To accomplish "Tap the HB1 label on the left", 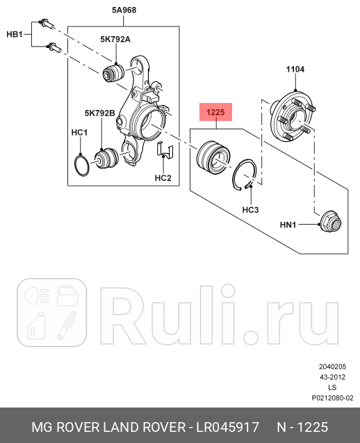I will tap(15, 33).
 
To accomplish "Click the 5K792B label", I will tap(97, 112).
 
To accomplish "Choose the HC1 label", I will tap(79, 132).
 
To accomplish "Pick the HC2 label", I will tap(163, 179).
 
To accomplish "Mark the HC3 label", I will tap(251, 209).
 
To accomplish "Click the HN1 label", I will tap(288, 225).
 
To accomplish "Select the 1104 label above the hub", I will tap(295, 69).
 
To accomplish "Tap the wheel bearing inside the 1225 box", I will tap(211, 156).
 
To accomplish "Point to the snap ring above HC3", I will tap(248, 174).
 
